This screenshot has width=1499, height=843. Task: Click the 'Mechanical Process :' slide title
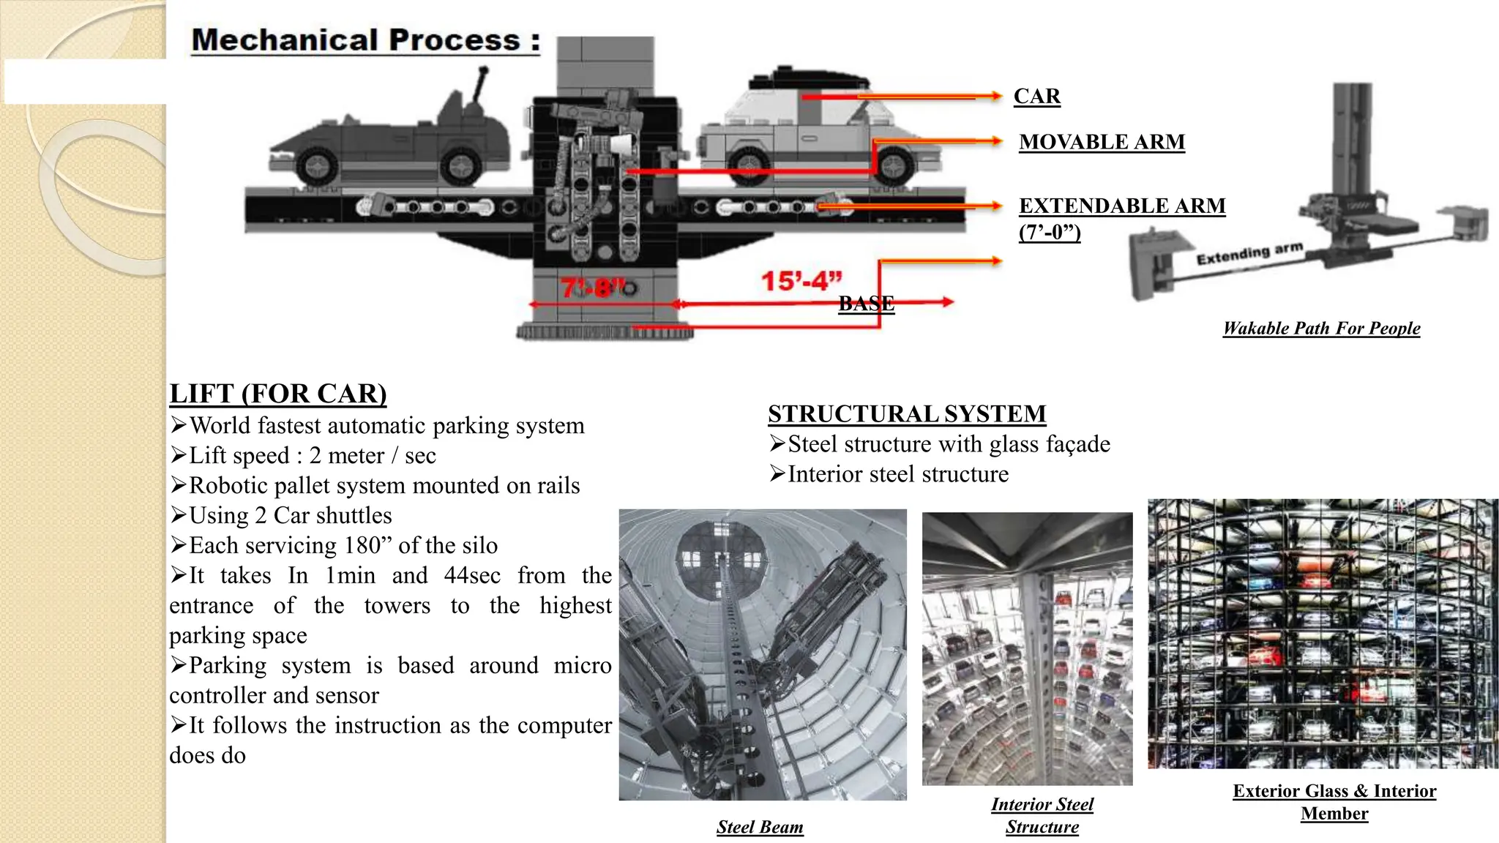(365, 40)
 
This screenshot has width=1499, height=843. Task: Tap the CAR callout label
(1036, 96)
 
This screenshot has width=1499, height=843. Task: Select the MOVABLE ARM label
(1102, 142)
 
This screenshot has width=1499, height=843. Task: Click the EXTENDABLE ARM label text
(1122, 206)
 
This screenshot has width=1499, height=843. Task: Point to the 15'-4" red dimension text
(801, 281)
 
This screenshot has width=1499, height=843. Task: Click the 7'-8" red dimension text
(594, 287)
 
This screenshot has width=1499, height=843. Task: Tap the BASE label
(866, 303)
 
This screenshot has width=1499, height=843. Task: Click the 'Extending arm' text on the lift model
(1249, 253)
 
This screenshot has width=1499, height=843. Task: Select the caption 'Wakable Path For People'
(1321, 329)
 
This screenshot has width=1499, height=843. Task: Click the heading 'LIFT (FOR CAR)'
(277, 394)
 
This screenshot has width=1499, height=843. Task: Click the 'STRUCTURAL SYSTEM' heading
(906, 414)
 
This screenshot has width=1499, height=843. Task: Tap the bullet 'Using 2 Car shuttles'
(290, 516)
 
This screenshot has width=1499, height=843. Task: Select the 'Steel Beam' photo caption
(760, 827)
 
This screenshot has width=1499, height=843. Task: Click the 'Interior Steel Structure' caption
(1042, 815)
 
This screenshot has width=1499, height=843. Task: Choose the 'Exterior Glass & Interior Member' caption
(1334, 802)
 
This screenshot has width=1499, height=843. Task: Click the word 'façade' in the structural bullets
(1078, 444)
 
